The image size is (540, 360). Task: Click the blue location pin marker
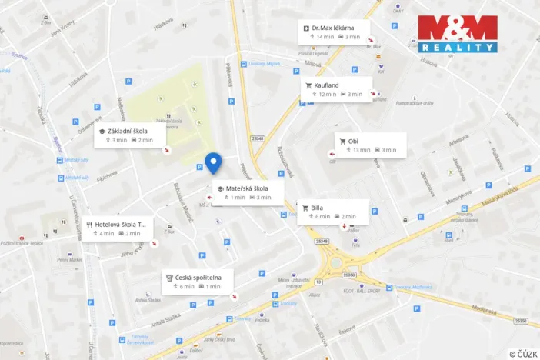(214, 163)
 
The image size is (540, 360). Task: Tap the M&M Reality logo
(457, 35)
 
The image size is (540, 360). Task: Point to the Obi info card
(370, 145)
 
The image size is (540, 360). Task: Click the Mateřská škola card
(248, 192)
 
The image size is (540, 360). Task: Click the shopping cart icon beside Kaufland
(308, 85)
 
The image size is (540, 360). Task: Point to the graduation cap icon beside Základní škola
(102, 132)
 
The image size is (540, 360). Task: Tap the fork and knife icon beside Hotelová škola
(90, 225)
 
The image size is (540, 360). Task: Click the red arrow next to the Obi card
(332, 154)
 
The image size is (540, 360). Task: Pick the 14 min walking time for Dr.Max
(323, 37)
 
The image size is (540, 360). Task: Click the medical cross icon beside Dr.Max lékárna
(306, 28)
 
